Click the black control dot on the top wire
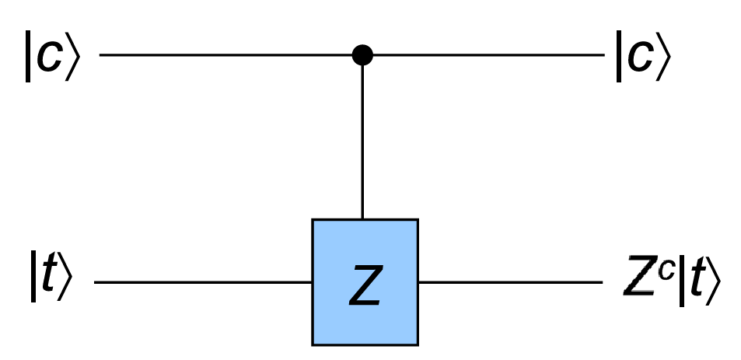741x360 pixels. click(x=362, y=55)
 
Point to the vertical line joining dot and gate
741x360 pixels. click(x=362, y=140)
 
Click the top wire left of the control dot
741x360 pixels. click(x=225, y=55)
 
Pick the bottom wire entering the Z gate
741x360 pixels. click(x=202, y=281)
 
